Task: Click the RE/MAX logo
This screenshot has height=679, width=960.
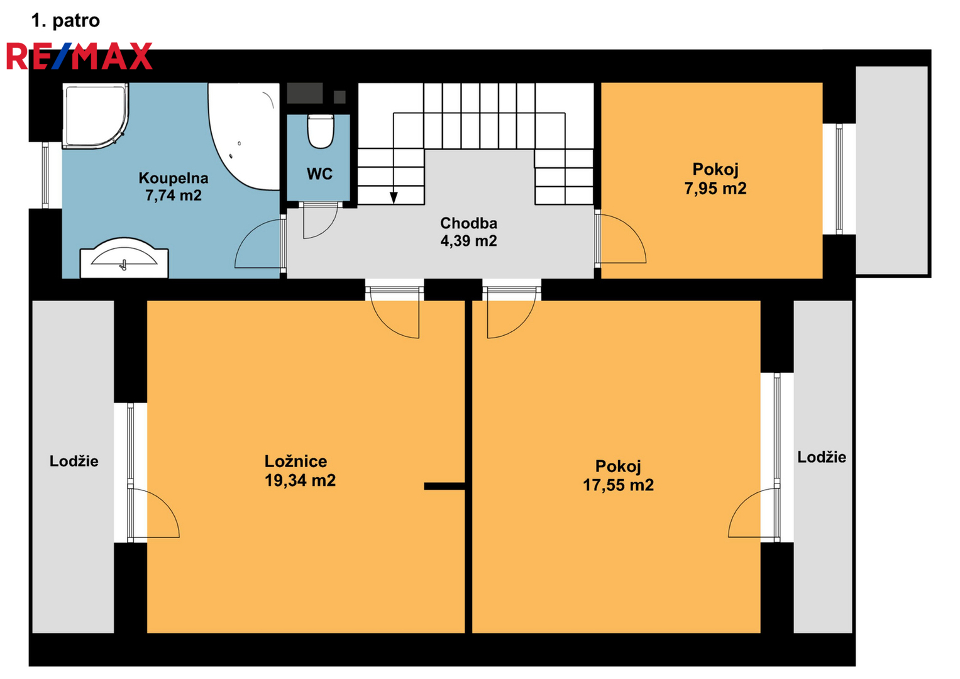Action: pyautogui.click(x=79, y=56)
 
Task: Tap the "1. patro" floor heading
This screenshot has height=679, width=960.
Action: pyautogui.click(x=65, y=21)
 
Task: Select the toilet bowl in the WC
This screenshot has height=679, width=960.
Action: pyautogui.click(x=321, y=131)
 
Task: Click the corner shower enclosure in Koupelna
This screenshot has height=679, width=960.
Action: pyautogui.click(x=95, y=116)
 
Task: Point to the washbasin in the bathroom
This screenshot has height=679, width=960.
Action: pyautogui.click(x=124, y=258)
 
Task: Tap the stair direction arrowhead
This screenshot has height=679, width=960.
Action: pyautogui.click(x=394, y=197)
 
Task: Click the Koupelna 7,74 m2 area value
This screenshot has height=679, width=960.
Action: pyautogui.click(x=174, y=196)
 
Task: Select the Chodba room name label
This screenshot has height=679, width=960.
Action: pyautogui.click(x=469, y=223)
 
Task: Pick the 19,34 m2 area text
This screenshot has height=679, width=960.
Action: pyautogui.click(x=300, y=480)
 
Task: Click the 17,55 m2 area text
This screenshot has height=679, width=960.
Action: pyautogui.click(x=619, y=485)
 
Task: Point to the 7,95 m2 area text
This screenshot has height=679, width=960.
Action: pyautogui.click(x=715, y=188)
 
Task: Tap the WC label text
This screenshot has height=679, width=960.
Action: pyautogui.click(x=320, y=174)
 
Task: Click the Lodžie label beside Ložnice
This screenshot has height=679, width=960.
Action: pyautogui.click(x=74, y=461)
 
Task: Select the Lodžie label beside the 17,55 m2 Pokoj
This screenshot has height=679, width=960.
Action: pyautogui.click(x=822, y=457)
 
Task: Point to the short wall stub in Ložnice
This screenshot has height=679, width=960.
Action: pyautogui.click(x=445, y=486)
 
